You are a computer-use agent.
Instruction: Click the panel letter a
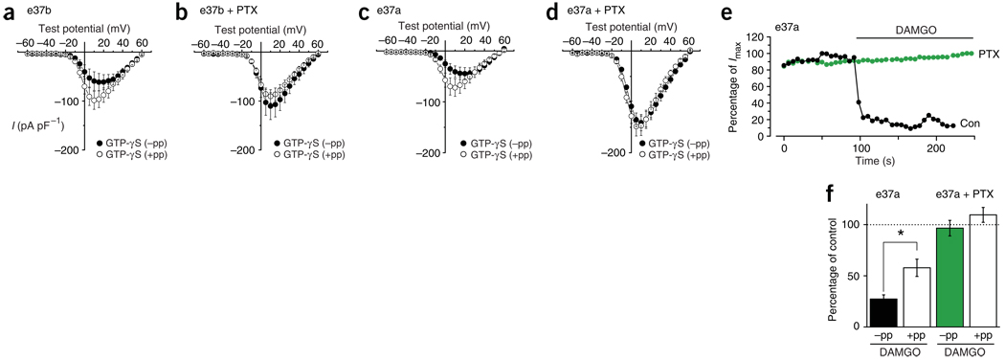[x=8, y=11]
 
